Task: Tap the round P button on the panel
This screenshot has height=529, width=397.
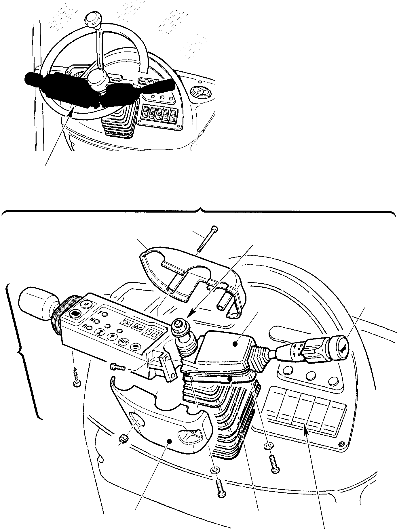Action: [x=111, y=336]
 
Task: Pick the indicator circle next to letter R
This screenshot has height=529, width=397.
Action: [x=90, y=327]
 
